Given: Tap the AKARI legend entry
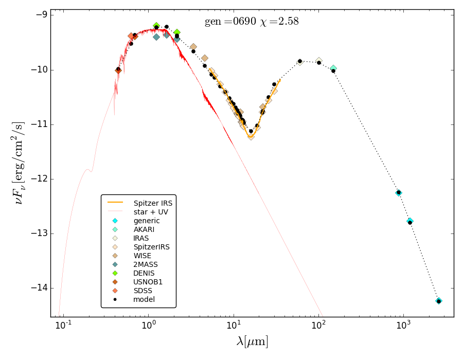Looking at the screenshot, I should coord(144,229).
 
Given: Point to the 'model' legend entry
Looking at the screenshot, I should coord(144,299).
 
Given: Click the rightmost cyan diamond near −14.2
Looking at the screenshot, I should coord(439,301).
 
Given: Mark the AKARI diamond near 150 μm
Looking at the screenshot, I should coord(333,68).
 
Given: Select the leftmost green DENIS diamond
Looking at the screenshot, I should coord(156,26).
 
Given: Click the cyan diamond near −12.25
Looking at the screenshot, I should coord(399,192).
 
